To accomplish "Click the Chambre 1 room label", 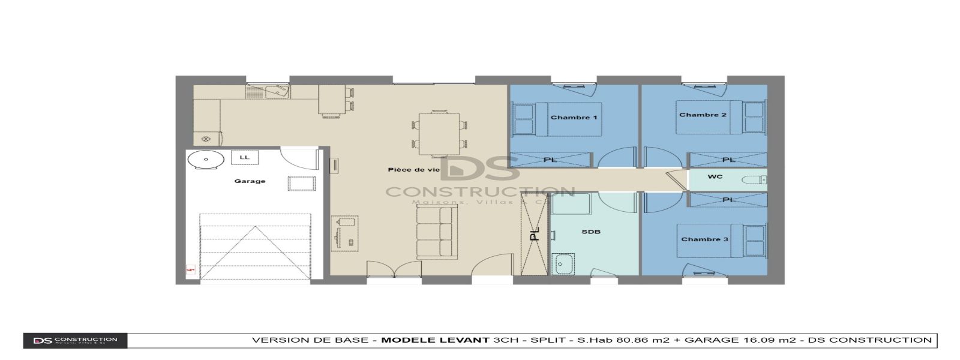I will [574, 118].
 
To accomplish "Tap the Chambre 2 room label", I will [703, 115].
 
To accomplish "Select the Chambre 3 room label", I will [704, 239].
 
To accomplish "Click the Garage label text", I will [250, 181].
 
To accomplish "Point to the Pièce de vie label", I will [413, 170].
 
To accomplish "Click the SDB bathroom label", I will [590, 232].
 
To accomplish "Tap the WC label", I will [715, 177].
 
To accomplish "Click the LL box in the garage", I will [245, 158].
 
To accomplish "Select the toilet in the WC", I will [754, 179].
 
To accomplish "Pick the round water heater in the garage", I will [205, 160].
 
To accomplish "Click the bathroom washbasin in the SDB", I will [563, 263].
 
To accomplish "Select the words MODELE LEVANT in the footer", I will [435, 340].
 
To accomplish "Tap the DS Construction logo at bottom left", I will [75, 341].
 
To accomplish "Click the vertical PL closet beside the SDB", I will [534, 234].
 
